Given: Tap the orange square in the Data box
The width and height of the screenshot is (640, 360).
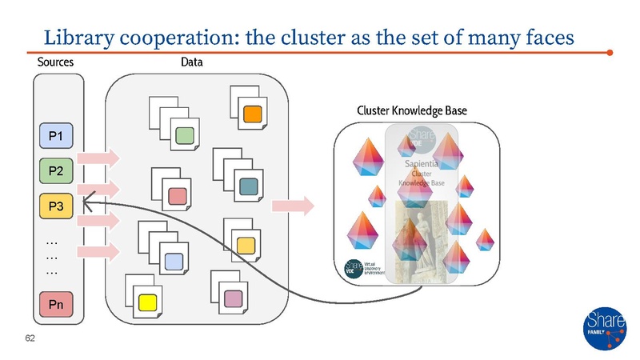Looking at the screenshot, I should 250,114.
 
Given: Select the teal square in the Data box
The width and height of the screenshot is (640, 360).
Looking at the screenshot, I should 247,186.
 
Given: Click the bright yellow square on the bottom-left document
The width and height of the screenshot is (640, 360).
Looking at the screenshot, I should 147,302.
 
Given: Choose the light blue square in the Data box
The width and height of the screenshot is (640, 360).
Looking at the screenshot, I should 173,260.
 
